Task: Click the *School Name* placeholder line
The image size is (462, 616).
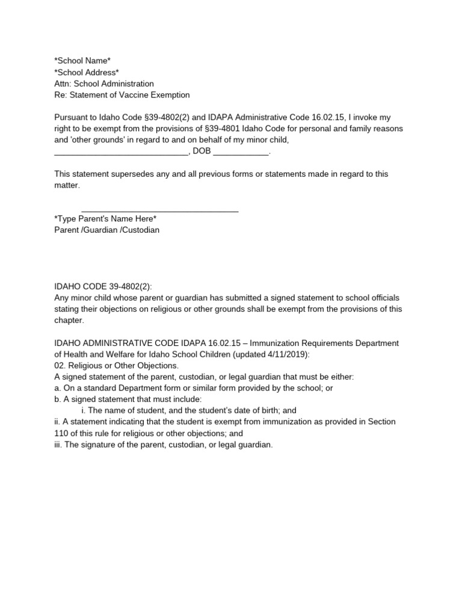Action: [82, 60]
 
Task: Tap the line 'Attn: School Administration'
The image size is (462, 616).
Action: [104, 84]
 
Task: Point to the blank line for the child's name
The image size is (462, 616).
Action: [121, 152]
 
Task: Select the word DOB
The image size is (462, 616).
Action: [202, 152]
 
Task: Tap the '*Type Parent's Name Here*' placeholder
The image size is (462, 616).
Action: [105, 218]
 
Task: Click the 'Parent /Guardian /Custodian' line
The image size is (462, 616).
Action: [107, 230]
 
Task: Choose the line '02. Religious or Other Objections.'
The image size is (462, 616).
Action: [115, 366]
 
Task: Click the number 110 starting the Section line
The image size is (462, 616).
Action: [61, 433]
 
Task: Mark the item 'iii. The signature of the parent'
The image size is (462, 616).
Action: [164, 445]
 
